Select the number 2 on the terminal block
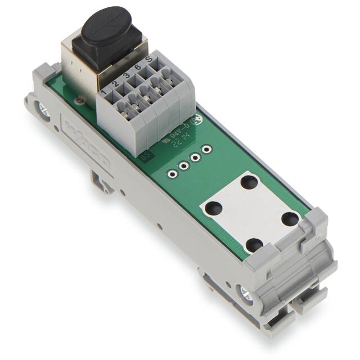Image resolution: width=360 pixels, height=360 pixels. [115, 83]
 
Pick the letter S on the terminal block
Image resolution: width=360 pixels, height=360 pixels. [148, 61]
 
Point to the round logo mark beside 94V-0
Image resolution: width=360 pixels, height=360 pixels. [197, 120]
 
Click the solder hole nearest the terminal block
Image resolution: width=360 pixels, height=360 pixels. [207, 149]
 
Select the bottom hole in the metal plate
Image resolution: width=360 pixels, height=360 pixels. [254, 245]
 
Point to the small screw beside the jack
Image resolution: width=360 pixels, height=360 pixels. [77, 101]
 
